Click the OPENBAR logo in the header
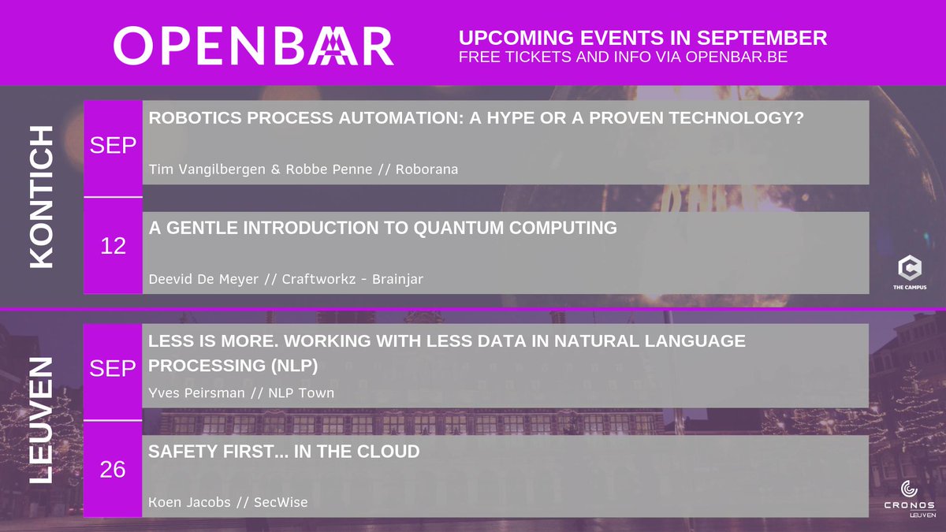coord(253,46)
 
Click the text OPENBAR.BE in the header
coord(736,58)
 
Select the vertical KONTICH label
coord(41,196)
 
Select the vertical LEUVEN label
coord(41,420)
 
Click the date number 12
coord(114,246)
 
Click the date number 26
coord(113,470)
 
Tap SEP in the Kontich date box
coord(114,146)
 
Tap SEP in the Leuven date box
coord(114,369)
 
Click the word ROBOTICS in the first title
coord(188,117)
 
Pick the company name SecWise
coord(281,503)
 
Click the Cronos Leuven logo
coord(909,498)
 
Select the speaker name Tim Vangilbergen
coord(207,169)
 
